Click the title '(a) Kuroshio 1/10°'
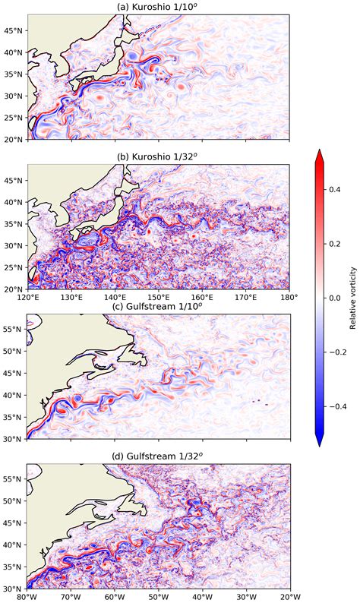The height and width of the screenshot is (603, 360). (x=158, y=8)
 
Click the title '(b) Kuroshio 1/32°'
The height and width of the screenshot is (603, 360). (x=158, y=157)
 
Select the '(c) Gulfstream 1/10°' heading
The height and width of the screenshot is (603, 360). (x=158, y=306)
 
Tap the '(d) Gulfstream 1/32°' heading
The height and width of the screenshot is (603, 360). (x=158, y=456)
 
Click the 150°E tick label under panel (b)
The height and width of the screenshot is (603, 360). (x=158, y=295)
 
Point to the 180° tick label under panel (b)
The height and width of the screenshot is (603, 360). (x=289, y=295)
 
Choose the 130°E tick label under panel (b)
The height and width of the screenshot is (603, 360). (x=71, y=295)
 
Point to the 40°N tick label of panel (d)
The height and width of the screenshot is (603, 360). (x=13, y=545)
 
